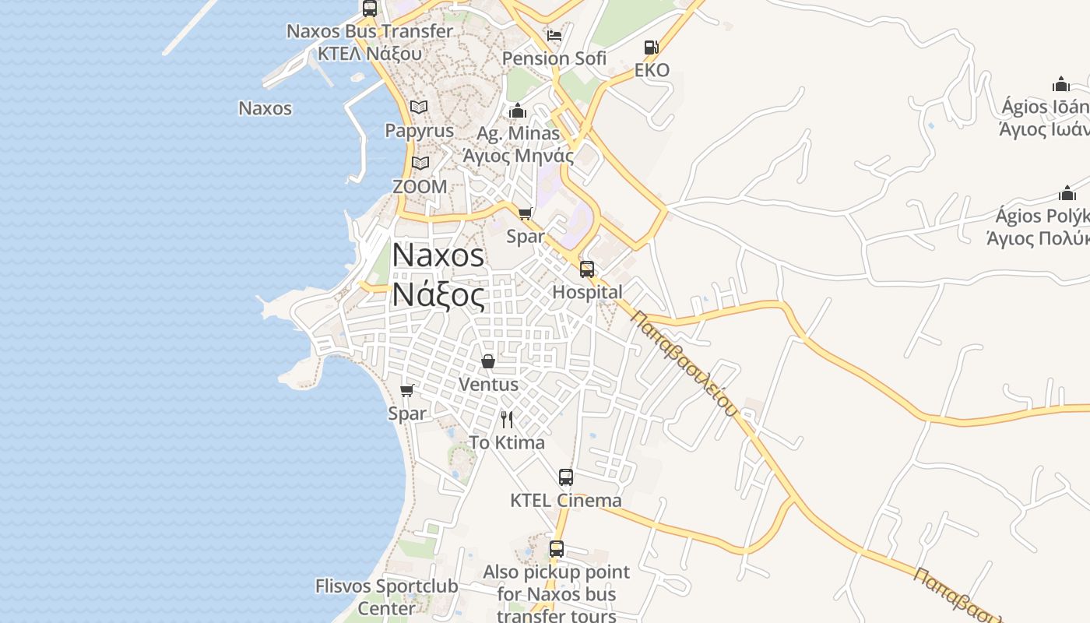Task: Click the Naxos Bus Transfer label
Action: pyautogui.click(x=369, y=31)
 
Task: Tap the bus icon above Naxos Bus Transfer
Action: pyautogui.click(x=370, y=9)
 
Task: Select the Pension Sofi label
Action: pyautogui.click(x=554, y=58)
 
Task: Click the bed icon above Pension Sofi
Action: pyautogui.click(x=554, y=36)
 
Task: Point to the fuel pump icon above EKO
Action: pyautogui.click(x=652, y=48)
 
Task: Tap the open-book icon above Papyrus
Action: pyautogui.click(x=419, y=107)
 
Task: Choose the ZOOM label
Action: pyautogui.click(x=420, y=187)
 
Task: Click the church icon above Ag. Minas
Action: pyautogui.click(x=518, y=111)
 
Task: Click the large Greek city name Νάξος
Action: pyautogui.click(x=438, y=295)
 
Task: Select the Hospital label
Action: pyautogui.click(x=587, y=292)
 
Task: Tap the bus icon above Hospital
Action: pyautogui.click(x=587, y=269)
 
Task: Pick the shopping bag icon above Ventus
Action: pyautogui.click(x=488, y=361)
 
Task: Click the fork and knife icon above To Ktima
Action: pyautogui.click(x=507, y=420)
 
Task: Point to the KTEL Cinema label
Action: pyautogui.click(x=566, y=500)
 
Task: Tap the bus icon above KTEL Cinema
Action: pyautogui.click(x=566, y=477)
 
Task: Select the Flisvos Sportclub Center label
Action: pyautogui.click(x=386, y=597)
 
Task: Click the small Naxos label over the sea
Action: pyautogui.click(x=265, y=108)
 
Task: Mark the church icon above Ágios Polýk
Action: pyautogui.click(x=1067, y=193)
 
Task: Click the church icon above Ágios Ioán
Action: pyautogui.click(x=1061, y=84)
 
